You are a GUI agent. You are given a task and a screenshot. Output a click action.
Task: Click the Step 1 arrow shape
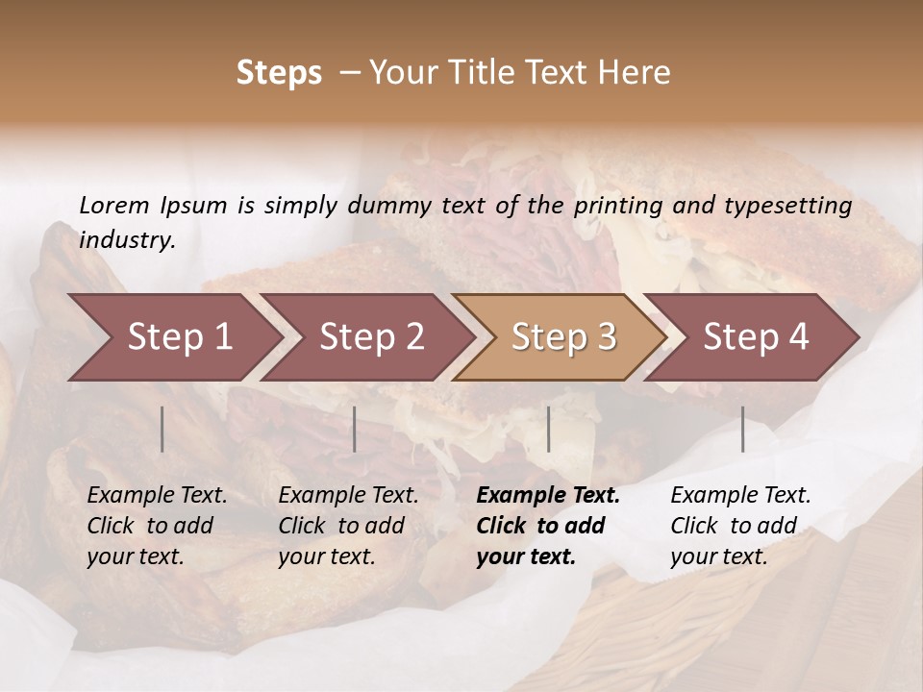[173, 337]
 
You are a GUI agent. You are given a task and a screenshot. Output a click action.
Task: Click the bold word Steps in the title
[279, 72]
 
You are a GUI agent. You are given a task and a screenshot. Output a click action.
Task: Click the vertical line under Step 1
[162, 429]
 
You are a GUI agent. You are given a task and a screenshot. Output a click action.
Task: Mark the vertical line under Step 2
[355, 429]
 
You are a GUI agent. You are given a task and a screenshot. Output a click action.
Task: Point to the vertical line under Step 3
[549, 429]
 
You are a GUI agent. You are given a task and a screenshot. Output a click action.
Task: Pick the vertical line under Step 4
[743, 429]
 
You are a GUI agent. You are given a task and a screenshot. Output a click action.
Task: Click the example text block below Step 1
[157, 526]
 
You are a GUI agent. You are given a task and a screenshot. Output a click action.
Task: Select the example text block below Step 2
[348, 526]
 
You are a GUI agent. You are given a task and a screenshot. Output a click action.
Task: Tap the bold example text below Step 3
[548, 526]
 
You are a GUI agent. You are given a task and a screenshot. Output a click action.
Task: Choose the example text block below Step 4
[740, 526]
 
